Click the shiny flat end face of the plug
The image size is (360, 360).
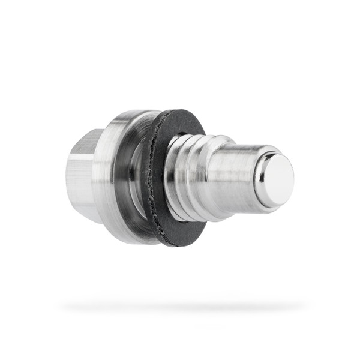(x=277, y=181)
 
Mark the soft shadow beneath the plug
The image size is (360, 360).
(x=180, y=307)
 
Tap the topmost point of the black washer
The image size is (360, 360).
(x=180, y=110)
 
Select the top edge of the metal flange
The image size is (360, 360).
(x=129, y=112)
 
